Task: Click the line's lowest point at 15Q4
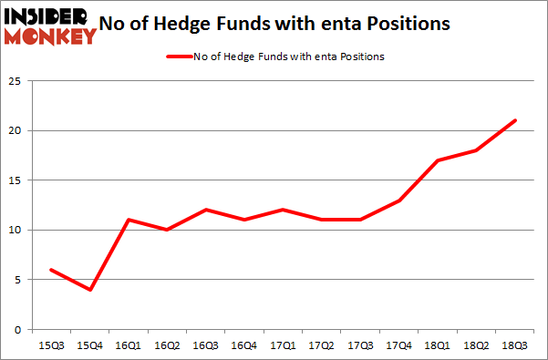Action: click(x=91, y=290)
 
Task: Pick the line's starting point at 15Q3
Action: click(x=50, y=270)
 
